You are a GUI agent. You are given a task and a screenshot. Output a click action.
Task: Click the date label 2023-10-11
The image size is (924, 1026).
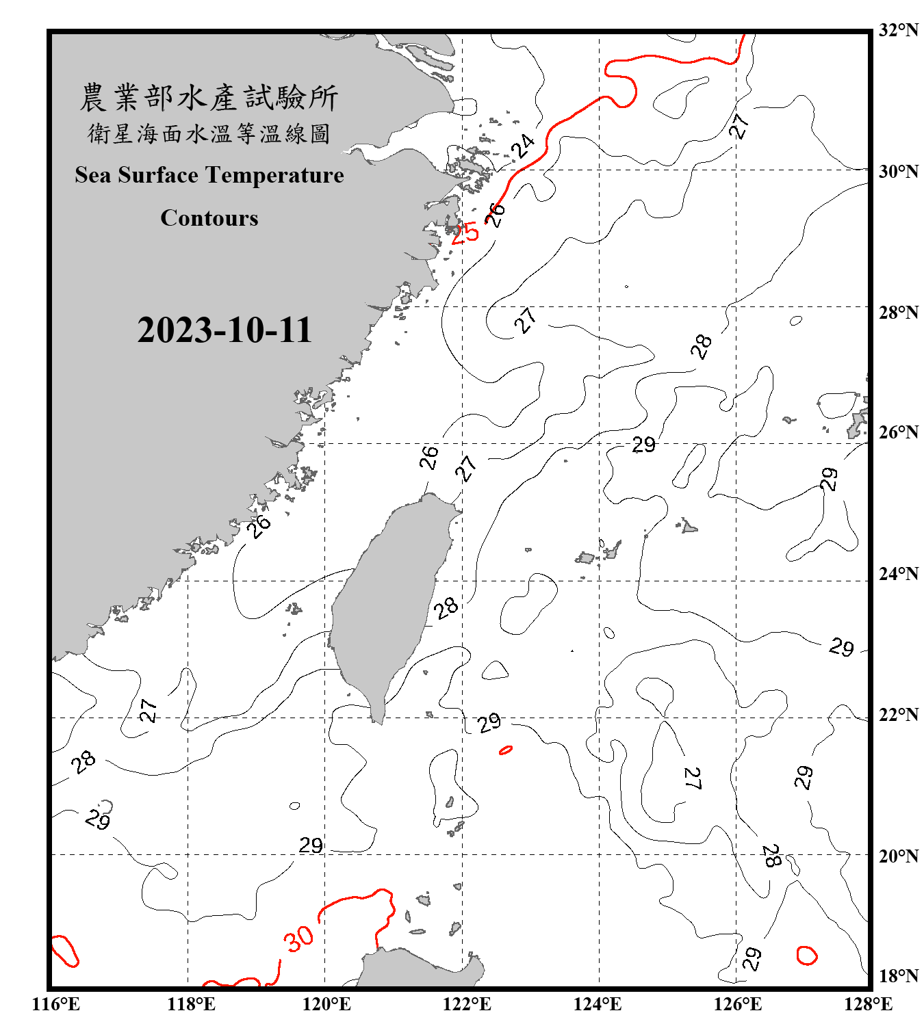[224, 330]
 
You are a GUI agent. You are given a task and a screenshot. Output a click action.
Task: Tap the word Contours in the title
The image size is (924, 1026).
[209, 218]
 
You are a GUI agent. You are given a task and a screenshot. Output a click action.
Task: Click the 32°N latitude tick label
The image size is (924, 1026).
[898, 30]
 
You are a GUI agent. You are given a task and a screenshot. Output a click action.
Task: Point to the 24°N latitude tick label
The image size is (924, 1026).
[898, 573]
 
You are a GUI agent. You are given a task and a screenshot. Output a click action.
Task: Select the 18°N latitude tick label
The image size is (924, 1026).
[898, 976]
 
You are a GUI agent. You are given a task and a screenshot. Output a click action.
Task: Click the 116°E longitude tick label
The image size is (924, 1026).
[56, 1004]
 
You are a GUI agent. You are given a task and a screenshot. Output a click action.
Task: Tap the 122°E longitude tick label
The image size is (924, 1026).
[467, 1004]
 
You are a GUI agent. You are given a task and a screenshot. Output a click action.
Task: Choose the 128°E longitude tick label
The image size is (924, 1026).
[868, 1004]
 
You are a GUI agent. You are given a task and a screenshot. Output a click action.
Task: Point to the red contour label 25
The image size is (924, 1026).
[465, 233]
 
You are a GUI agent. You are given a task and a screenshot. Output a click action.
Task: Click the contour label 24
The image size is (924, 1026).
[523, 146]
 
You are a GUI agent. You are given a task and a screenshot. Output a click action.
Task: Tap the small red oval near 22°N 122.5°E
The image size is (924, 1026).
[506, 750]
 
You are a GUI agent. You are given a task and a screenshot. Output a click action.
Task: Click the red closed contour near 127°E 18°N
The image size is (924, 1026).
[807, 955]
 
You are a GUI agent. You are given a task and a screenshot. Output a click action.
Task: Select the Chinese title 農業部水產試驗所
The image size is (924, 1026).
[209, 98]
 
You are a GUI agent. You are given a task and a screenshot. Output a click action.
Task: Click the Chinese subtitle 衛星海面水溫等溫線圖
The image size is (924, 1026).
[209, 133]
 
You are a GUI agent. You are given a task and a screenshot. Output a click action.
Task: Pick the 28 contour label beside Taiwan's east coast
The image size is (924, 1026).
[446, 607]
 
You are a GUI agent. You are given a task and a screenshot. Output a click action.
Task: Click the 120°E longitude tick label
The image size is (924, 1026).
[326, 1004]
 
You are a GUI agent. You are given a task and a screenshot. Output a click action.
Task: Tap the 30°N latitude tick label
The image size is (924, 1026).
[898, 171]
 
